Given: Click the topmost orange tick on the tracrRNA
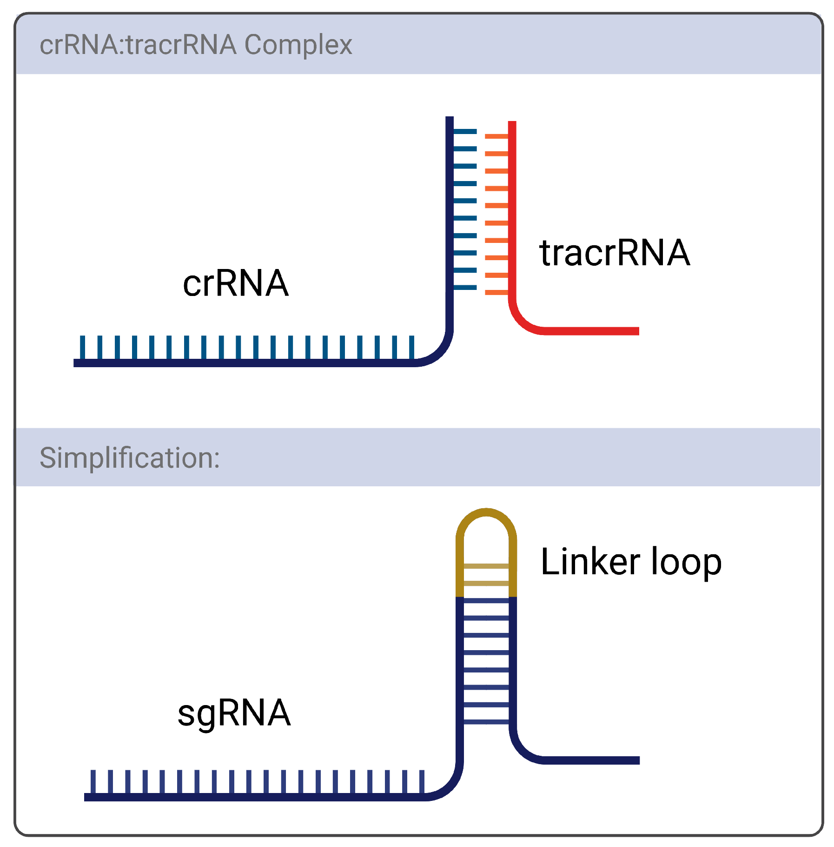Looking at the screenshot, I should point(496,136).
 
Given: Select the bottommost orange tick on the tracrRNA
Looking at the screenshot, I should point(496,292).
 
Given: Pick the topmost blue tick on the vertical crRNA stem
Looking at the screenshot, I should point(464,131).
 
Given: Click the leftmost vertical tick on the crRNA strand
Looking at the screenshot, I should point(83,347).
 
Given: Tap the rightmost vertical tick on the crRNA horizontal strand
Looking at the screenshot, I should point(411,347).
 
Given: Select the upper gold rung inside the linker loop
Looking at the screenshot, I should point(486,566).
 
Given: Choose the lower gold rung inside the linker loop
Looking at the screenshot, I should point(486,583).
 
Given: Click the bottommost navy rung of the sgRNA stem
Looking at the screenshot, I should point(486,722).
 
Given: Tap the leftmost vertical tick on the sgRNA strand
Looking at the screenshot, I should point(93,781).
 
